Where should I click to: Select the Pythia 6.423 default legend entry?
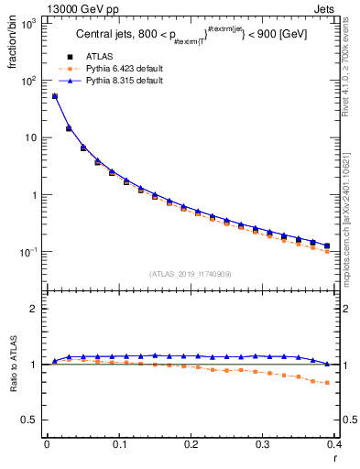pos(122,69)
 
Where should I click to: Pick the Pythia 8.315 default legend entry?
pos(122,81)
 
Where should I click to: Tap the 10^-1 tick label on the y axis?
pos(28,252)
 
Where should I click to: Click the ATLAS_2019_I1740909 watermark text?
pos(191,274)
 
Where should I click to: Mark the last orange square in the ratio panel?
pos(328,383)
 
